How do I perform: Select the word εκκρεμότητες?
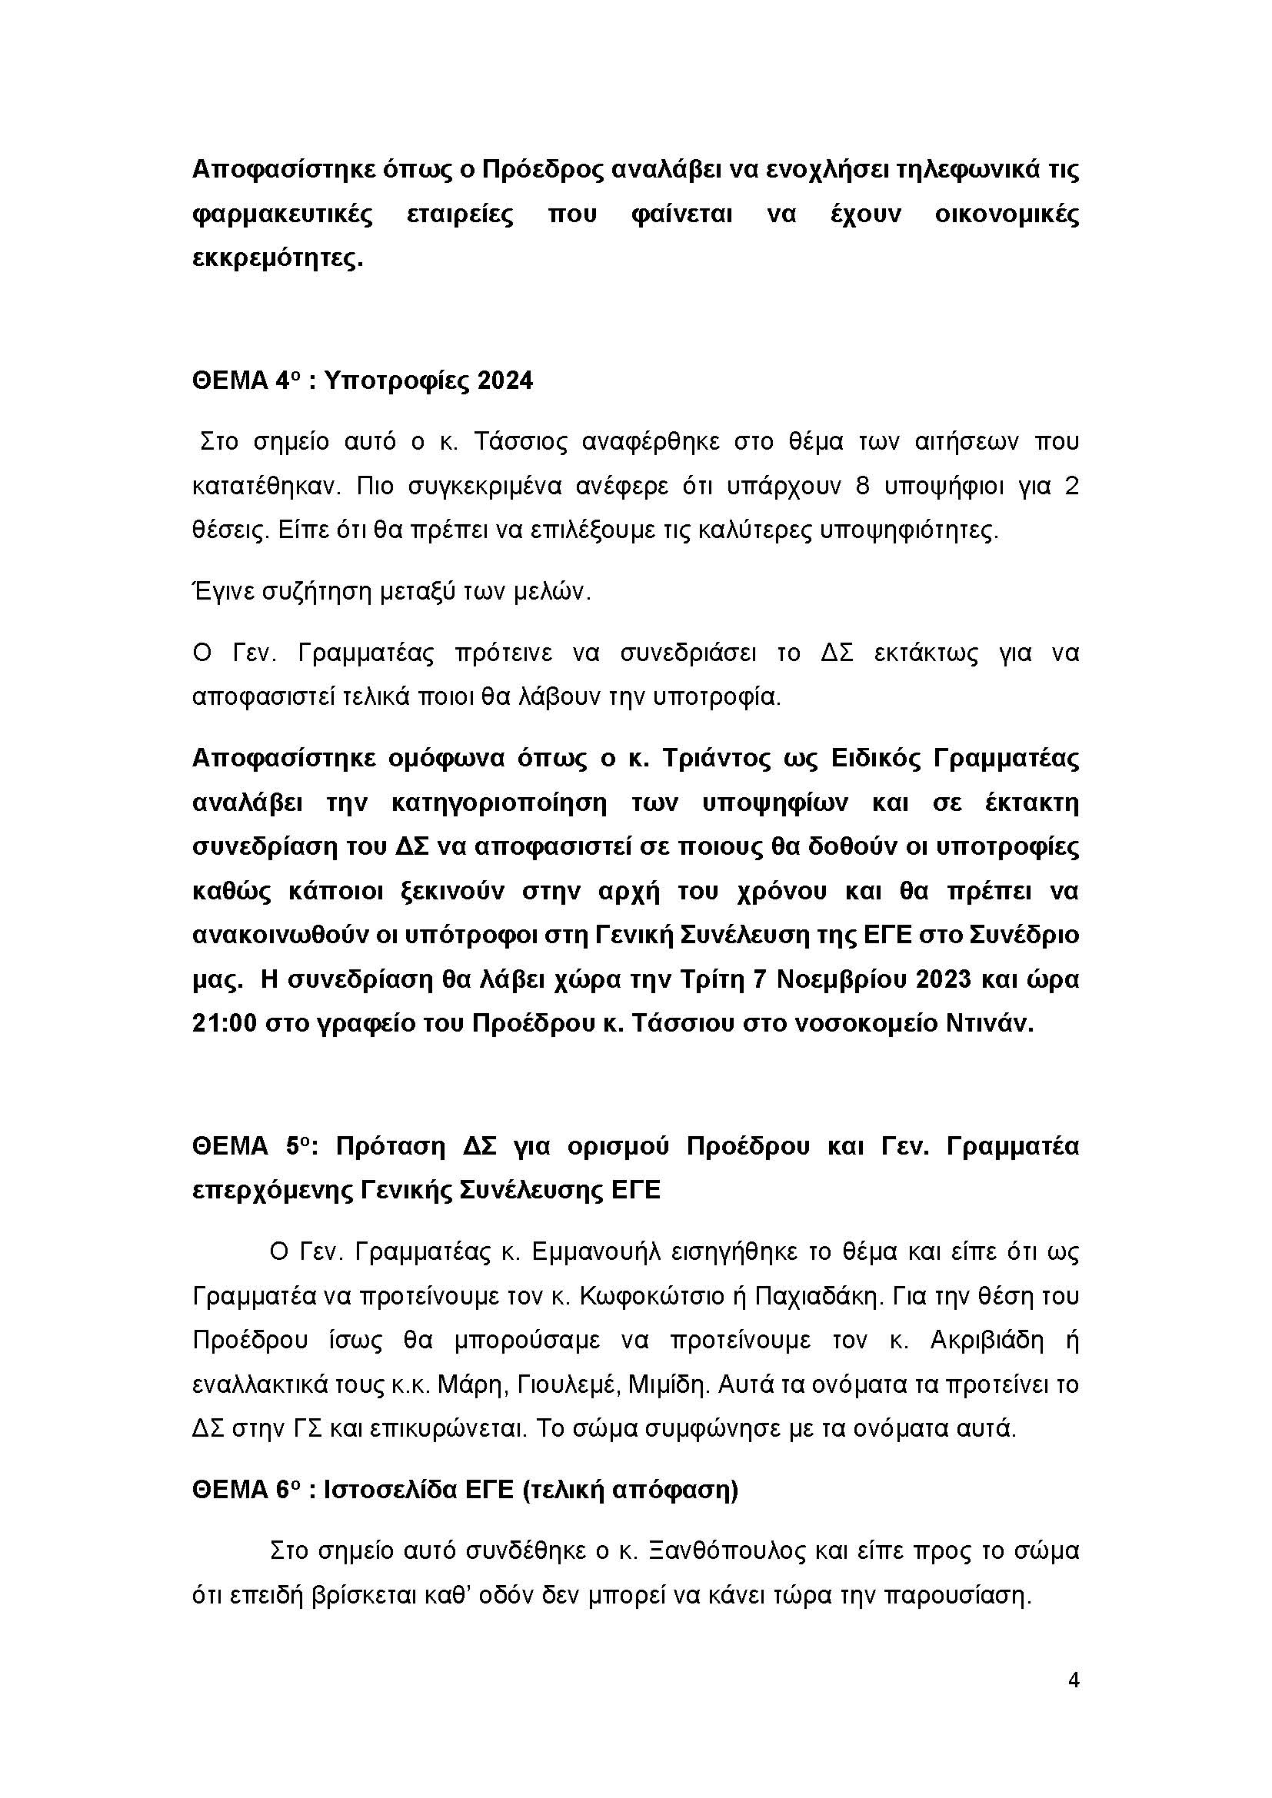[x=278, y=258]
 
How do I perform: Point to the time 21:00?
[x=224, y=1023]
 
